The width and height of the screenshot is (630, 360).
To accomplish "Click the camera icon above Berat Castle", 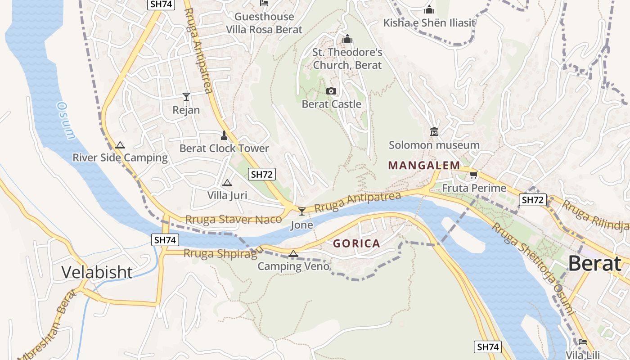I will coord(331,91).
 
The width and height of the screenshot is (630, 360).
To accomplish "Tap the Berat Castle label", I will coord(331,104).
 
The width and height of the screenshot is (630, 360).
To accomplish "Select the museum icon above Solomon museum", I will coord(434,132).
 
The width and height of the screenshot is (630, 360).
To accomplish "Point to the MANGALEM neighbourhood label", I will coord(424,166).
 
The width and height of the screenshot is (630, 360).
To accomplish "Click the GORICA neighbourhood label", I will coord(356,244).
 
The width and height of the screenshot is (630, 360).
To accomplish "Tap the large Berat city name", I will coord(595,264).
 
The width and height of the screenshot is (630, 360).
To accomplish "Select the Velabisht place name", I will coord(97,272).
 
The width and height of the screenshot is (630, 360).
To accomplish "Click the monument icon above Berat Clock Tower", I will coord(224,135).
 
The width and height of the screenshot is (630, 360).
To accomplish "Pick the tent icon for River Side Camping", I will coord(120,145).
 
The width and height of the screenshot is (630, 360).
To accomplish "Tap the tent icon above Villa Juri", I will coord(227,183).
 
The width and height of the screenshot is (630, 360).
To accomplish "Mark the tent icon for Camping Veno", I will coord(293,254).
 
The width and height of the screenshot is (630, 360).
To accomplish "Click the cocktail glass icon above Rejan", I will coord(186,96).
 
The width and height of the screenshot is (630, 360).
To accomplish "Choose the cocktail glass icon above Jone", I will coord(302,211).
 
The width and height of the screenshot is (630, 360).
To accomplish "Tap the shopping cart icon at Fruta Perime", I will coord(473,175).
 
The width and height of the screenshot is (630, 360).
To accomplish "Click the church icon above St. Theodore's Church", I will coord(347,40).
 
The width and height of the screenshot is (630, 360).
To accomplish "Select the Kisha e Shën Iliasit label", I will coord(429,22).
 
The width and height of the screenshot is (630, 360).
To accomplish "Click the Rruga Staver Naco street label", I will coord(234,220).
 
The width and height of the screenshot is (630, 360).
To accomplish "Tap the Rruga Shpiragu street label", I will coord(222,253).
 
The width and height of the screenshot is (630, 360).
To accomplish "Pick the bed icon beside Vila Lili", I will coord(583,342).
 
